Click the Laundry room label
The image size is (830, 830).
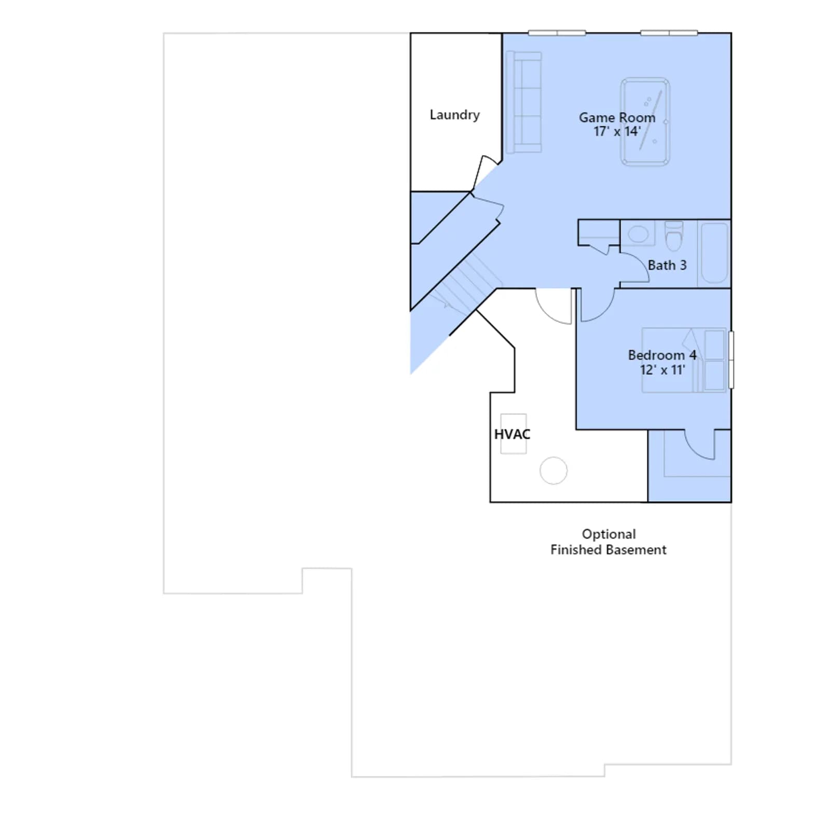coord(454,115)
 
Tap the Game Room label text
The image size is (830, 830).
coord(617,118)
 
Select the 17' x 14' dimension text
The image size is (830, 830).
coord(617,131)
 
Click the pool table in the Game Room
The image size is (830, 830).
coord(645,122)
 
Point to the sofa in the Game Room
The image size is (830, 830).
coord(523,102)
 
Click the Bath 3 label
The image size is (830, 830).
coord(667,265)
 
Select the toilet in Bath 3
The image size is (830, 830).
coord(674,236)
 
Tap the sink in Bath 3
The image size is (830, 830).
coord(638,234)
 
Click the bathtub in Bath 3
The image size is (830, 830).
coord(714,253)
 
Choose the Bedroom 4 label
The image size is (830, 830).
coord(662,355)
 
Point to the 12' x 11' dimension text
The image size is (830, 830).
coord(662,370)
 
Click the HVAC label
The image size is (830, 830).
coord(512,434)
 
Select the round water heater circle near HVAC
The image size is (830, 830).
coord(554,471)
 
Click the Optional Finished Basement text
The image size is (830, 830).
coord(608,542)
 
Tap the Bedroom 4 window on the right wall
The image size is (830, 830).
coord(731,359)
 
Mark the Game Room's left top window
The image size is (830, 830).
coord(557,33)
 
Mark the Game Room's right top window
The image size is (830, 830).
coord(669,33)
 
